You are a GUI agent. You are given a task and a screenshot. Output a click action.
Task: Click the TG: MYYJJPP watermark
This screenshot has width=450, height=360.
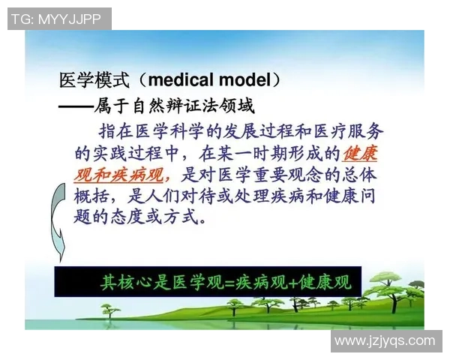click(x=59, y=19)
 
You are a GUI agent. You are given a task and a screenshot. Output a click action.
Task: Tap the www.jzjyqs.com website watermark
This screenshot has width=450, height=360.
click(x=385, y=340)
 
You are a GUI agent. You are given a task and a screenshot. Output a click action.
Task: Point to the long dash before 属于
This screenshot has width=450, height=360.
click(x=75, y=106)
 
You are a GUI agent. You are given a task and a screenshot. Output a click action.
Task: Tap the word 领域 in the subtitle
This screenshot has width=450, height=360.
click(x=239, y=106)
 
